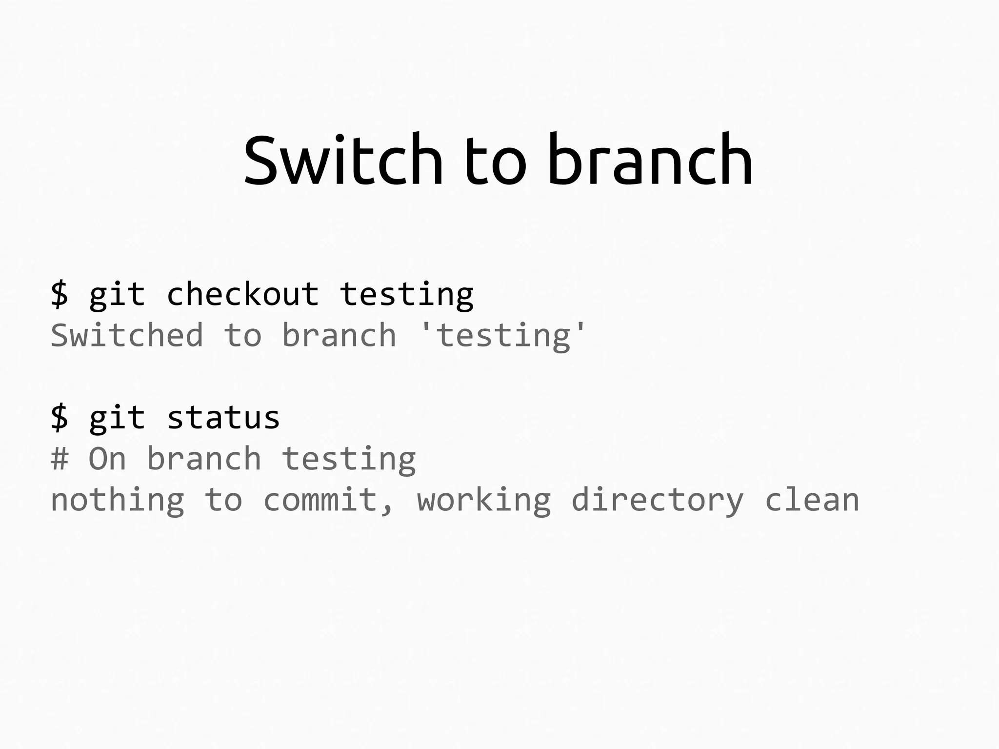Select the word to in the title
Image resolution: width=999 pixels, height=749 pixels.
click(x=495, y=161)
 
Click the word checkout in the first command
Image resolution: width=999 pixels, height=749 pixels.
click(x=242, y=294)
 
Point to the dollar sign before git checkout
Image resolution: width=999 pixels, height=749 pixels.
click(x=60, y=294)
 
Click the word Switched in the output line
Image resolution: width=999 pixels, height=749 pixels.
click(x=127, y=336)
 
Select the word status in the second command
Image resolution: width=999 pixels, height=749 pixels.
click(x=223, y=418)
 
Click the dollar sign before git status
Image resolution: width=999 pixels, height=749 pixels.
click(x=60, y=418)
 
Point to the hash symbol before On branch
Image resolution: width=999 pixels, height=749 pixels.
click(x=60, y=459)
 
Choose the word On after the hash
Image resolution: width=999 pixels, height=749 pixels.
click(x=107, y=459)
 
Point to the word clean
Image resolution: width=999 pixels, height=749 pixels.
click(x=812, y=500)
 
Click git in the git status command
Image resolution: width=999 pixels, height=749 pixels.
click(x=117, y=418)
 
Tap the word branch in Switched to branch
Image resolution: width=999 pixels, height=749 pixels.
click(x=339, y=336)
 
